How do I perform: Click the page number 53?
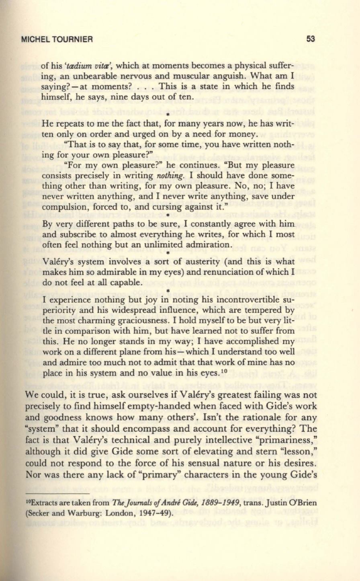point(310,39)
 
